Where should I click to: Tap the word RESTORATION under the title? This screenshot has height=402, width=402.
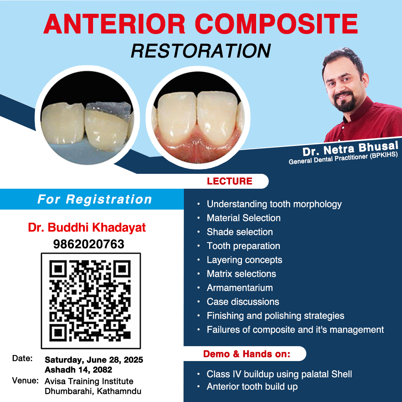click(201, 51)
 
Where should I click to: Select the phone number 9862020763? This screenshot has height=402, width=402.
click(89, 244)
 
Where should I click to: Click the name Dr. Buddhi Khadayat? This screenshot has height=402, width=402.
click(87, 227)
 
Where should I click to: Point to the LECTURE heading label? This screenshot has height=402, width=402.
click(229, 181)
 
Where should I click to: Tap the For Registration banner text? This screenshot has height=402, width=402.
click(95, 199)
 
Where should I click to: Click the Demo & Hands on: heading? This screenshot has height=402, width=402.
click(247, 354)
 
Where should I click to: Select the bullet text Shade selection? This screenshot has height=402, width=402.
click(240, 232)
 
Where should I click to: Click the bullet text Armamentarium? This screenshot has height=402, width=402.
click(240, 288)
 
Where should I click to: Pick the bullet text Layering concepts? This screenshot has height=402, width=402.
click(244, 260)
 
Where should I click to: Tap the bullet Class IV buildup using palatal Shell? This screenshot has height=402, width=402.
click(279, 374)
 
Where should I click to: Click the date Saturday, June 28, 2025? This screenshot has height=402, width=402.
click(94, 360)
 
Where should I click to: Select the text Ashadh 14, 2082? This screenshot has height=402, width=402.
click(79, 370)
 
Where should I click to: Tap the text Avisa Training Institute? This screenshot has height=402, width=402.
click(89, 381)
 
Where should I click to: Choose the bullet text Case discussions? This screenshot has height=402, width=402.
click(243, 302)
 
